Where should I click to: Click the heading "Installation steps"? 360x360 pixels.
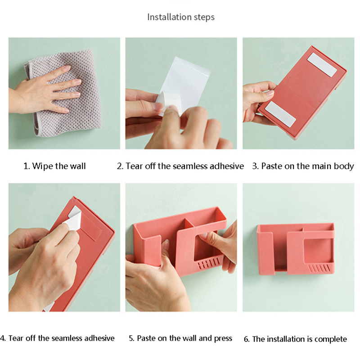tap(181, 17)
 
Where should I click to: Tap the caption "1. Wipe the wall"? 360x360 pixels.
tap(54, 166)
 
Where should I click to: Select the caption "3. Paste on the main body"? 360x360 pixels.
tap(303, 166)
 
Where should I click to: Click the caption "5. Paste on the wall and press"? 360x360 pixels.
tap(180, 338)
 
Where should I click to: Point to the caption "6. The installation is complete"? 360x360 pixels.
tap(295, 339)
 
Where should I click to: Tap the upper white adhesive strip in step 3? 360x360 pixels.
tap(322, 64)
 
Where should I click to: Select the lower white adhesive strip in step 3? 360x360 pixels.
tap(280, 114)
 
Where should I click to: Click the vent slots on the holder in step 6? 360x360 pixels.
tap(319, 268)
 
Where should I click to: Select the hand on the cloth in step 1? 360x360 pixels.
tap(44, 92)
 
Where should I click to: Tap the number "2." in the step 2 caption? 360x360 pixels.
tap(120, 166)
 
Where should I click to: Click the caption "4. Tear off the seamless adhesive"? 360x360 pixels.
tap(58, 338)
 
